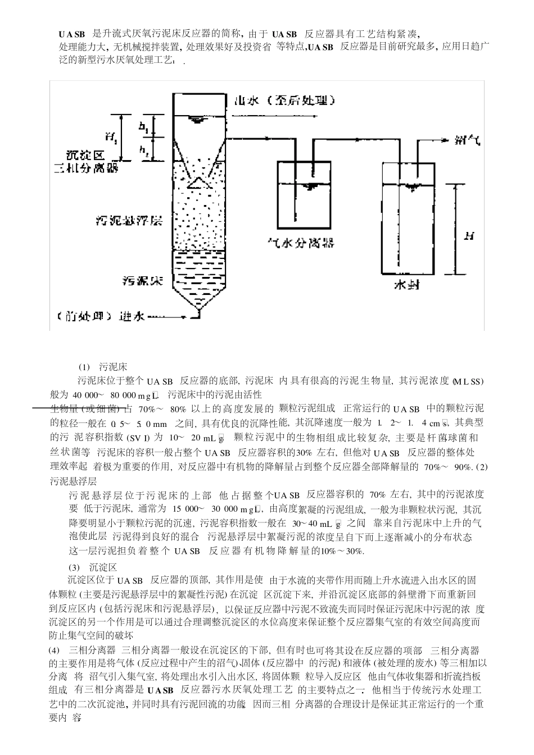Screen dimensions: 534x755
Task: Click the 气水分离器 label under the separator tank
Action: pyautogui.click(x=300, y=242)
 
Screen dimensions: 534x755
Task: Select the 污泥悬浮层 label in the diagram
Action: pyautogui.click(x=129, y=220)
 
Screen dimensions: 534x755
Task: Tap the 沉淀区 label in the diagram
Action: pyautogui.click(x=84, y=155)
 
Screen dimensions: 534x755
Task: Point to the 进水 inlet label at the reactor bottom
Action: pyautogui.click(x=133, y=316)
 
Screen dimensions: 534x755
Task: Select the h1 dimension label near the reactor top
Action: pyautogui.click(x=144, y=129)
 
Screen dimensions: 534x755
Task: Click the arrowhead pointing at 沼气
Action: pyautogui.click(x=448, y=140)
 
